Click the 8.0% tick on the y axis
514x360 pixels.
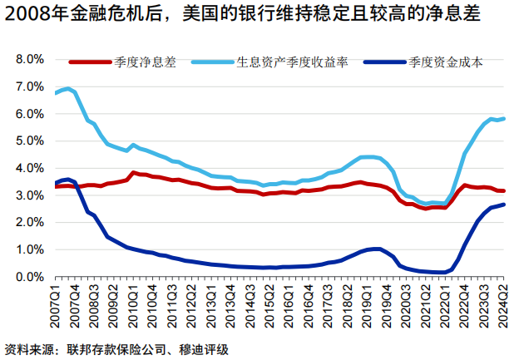tap(27, 60)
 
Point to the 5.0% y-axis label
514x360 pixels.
tap(27, 141)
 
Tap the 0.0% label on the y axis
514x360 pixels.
tap(27, 277)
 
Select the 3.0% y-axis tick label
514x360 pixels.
tap(27, 195)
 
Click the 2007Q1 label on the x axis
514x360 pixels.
tap(56, 305)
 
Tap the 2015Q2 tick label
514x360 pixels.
tap(267, 305)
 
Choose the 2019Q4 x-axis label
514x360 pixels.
tap(388, 305)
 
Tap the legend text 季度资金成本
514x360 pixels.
tap(446, 62)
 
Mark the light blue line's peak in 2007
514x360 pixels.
tap(67, 88)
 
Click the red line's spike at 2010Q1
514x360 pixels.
tap(132, 173)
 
